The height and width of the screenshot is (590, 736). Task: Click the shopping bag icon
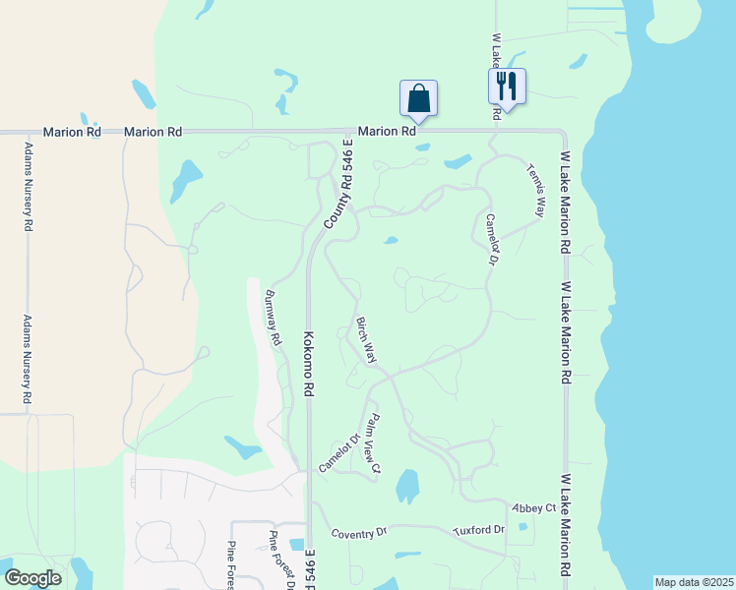coord(418,98)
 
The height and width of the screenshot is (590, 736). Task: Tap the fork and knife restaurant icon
coord(507,86)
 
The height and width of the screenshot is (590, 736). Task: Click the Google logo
coord(32,578)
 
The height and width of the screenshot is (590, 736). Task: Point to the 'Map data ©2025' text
coord(693,582)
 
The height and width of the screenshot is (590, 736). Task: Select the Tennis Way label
coord(536,190)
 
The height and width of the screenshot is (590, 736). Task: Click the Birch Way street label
coord(366,340)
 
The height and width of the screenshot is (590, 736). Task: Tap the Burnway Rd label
coord(274,317)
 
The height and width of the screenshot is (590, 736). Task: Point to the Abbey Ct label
coord(533,507)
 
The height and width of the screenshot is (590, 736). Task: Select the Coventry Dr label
coord(359,533)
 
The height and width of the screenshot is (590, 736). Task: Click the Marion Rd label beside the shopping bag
coord(383,131)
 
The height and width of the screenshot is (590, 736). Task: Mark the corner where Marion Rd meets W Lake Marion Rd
coord(563,132)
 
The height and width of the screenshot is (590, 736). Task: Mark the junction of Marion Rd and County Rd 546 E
coord(353,131)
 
